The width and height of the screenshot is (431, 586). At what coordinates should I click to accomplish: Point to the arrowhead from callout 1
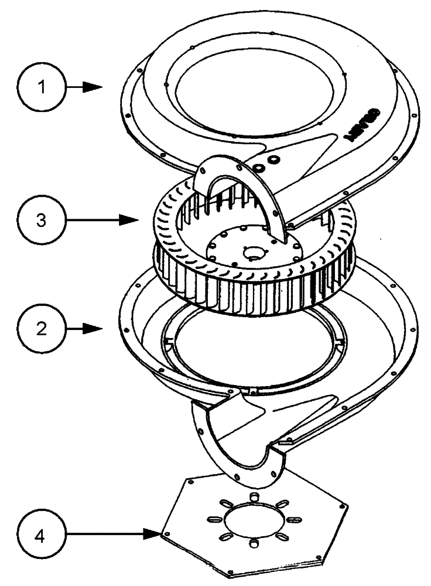(x=94, y=87)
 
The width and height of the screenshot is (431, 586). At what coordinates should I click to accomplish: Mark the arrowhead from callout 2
(x=96, y=329)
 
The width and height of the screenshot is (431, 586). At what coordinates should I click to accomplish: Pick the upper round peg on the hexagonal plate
(x=254, y=498)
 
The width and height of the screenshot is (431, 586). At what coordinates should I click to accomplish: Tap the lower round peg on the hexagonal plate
(x=254, y=545)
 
